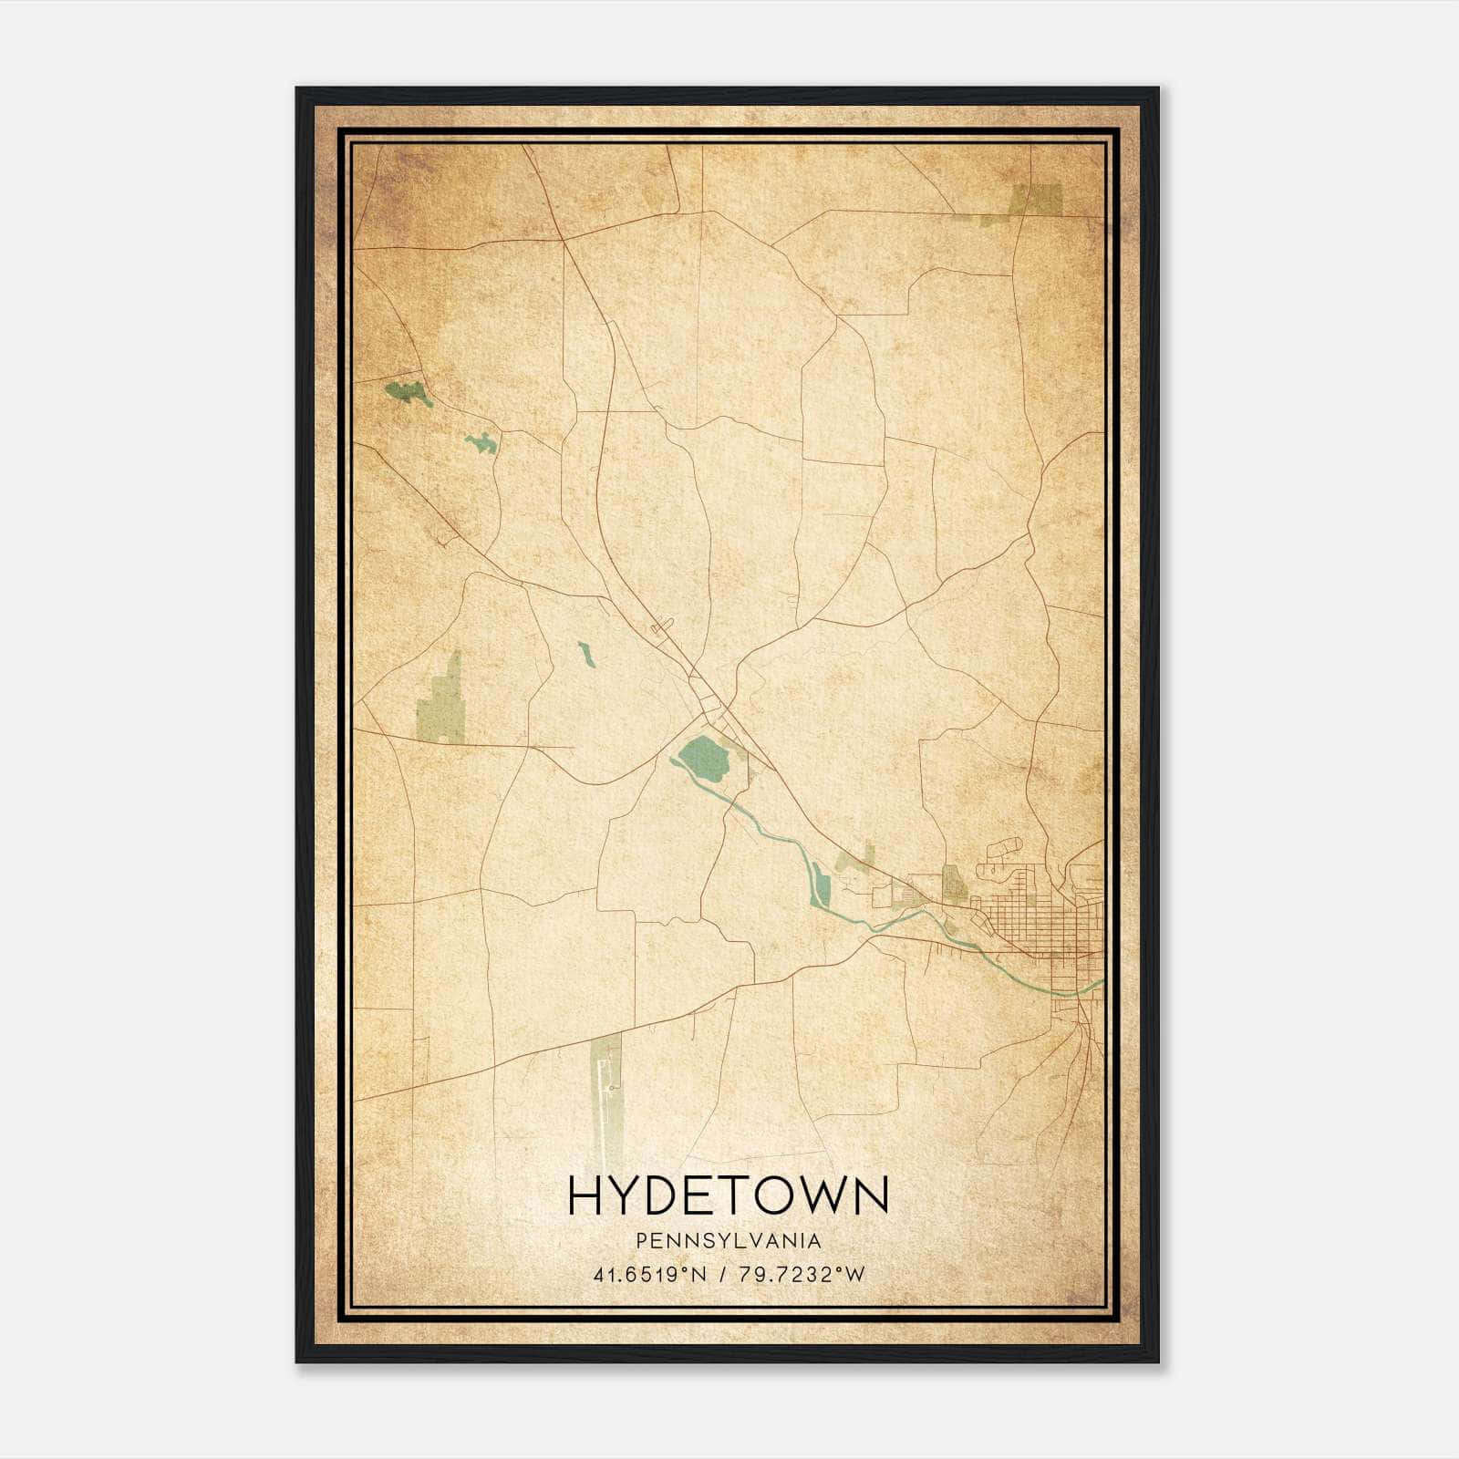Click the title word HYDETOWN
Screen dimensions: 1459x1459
pos(728,1195)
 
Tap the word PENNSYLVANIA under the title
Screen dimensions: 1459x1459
pos(729,1241)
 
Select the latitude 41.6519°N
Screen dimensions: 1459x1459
pos(650,1275)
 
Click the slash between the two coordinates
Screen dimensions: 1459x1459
pos(722,1275)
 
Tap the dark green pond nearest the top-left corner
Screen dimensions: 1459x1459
pos(408,393)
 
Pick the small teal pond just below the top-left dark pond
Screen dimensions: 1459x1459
pos(482,443)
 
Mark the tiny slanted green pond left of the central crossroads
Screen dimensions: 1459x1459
pos(585,654)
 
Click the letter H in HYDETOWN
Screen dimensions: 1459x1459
pos(585,1195)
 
